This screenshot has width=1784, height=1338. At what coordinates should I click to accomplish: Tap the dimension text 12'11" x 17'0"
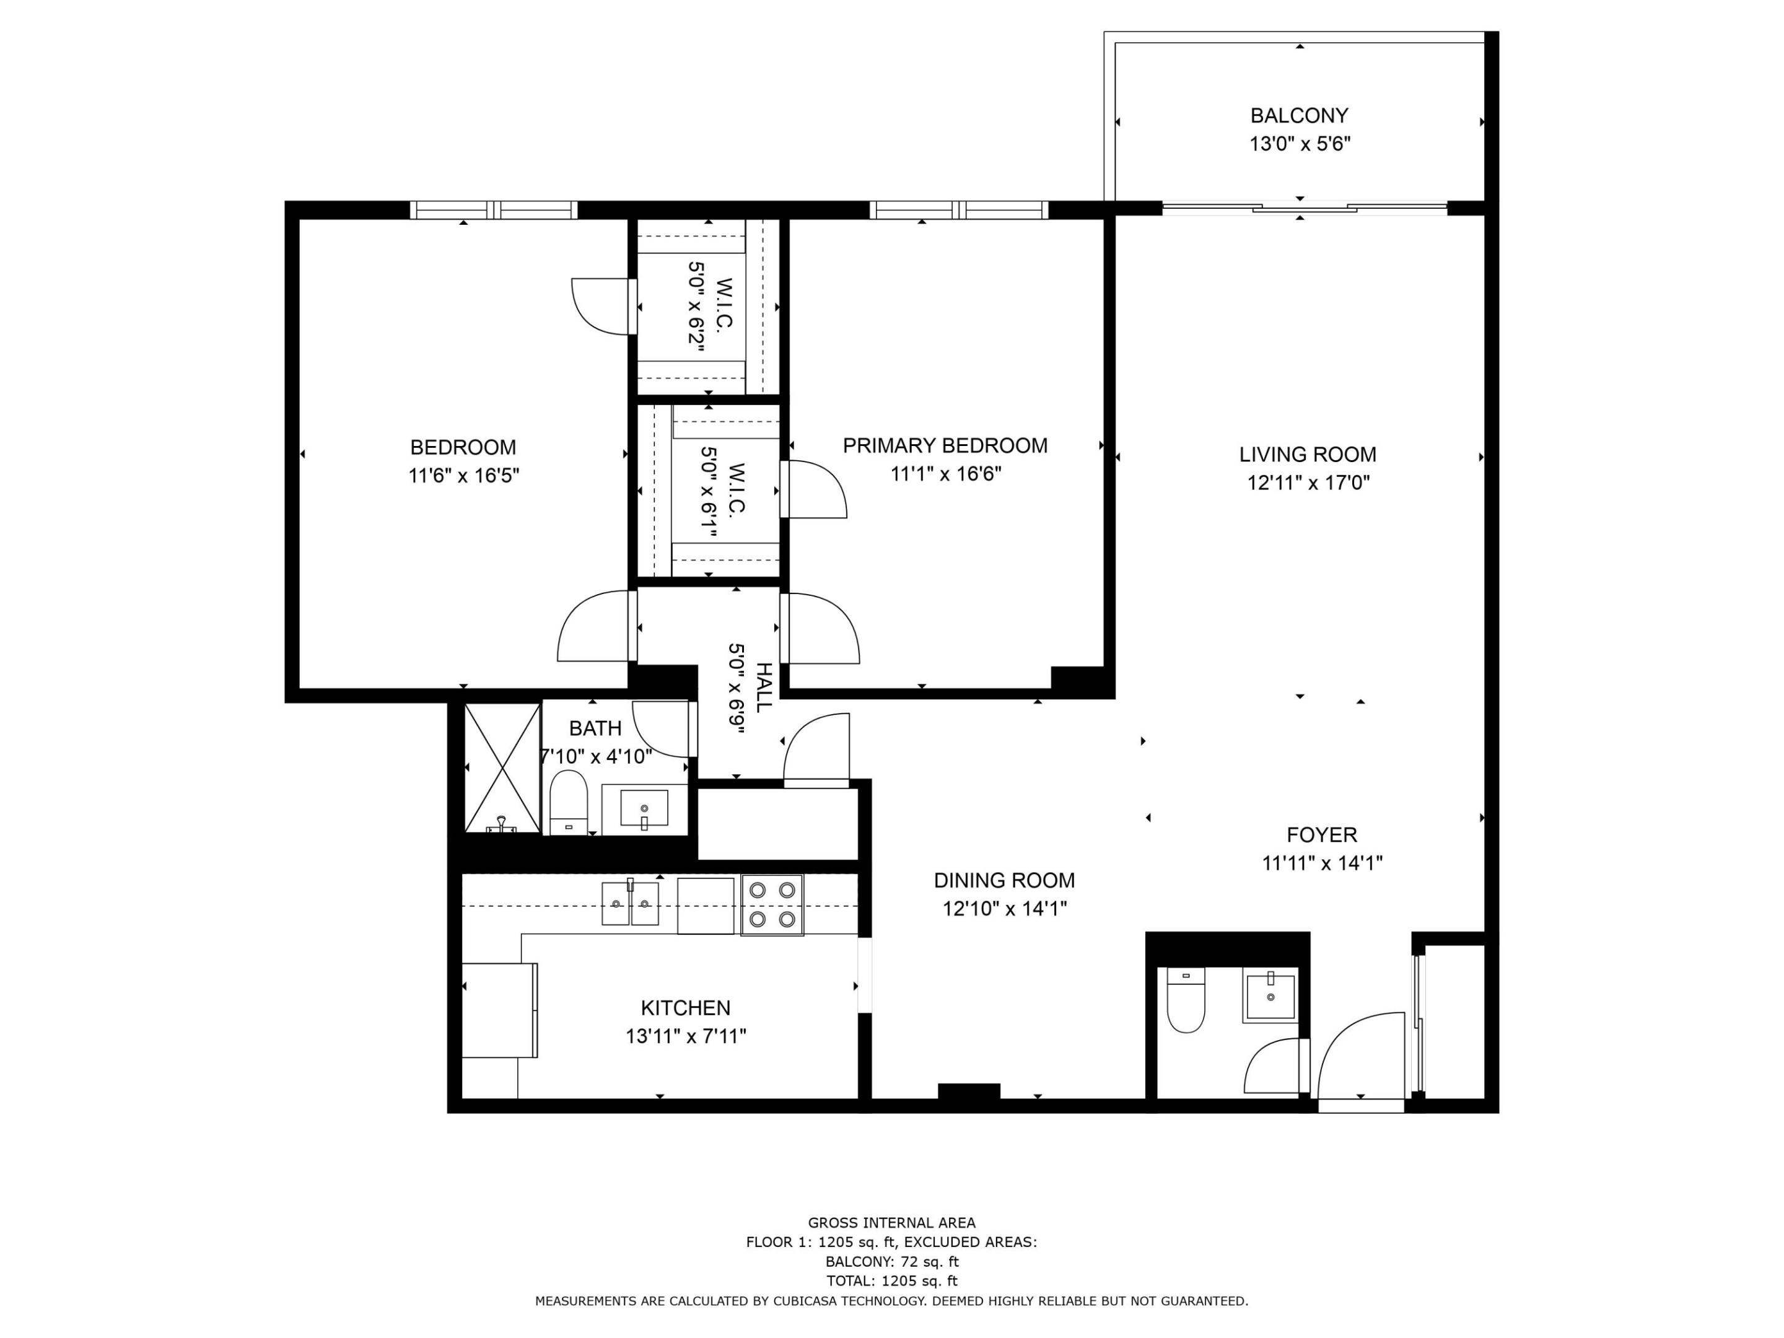[1308, 483]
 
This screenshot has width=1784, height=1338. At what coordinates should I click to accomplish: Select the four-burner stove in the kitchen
[772, 905]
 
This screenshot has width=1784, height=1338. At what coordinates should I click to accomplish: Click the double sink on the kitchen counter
[630, 903]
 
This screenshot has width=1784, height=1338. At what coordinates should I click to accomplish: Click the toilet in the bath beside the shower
[569, 802]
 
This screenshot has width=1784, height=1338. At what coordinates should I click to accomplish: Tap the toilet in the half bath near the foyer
[1186, 1000]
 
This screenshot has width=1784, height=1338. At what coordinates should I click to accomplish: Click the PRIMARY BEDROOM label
[945, 445]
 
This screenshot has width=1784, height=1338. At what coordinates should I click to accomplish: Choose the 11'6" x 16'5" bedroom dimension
[464, 475]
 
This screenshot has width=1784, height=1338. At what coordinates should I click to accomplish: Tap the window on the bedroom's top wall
[494, 210]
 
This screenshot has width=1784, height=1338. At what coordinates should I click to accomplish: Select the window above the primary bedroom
[959, 210]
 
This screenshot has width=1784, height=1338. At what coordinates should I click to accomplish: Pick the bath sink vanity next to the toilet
[644, 809]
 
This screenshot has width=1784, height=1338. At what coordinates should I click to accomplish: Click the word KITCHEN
[686, 1007]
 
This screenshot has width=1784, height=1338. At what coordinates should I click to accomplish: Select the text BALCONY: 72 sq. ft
[892, 1261]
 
